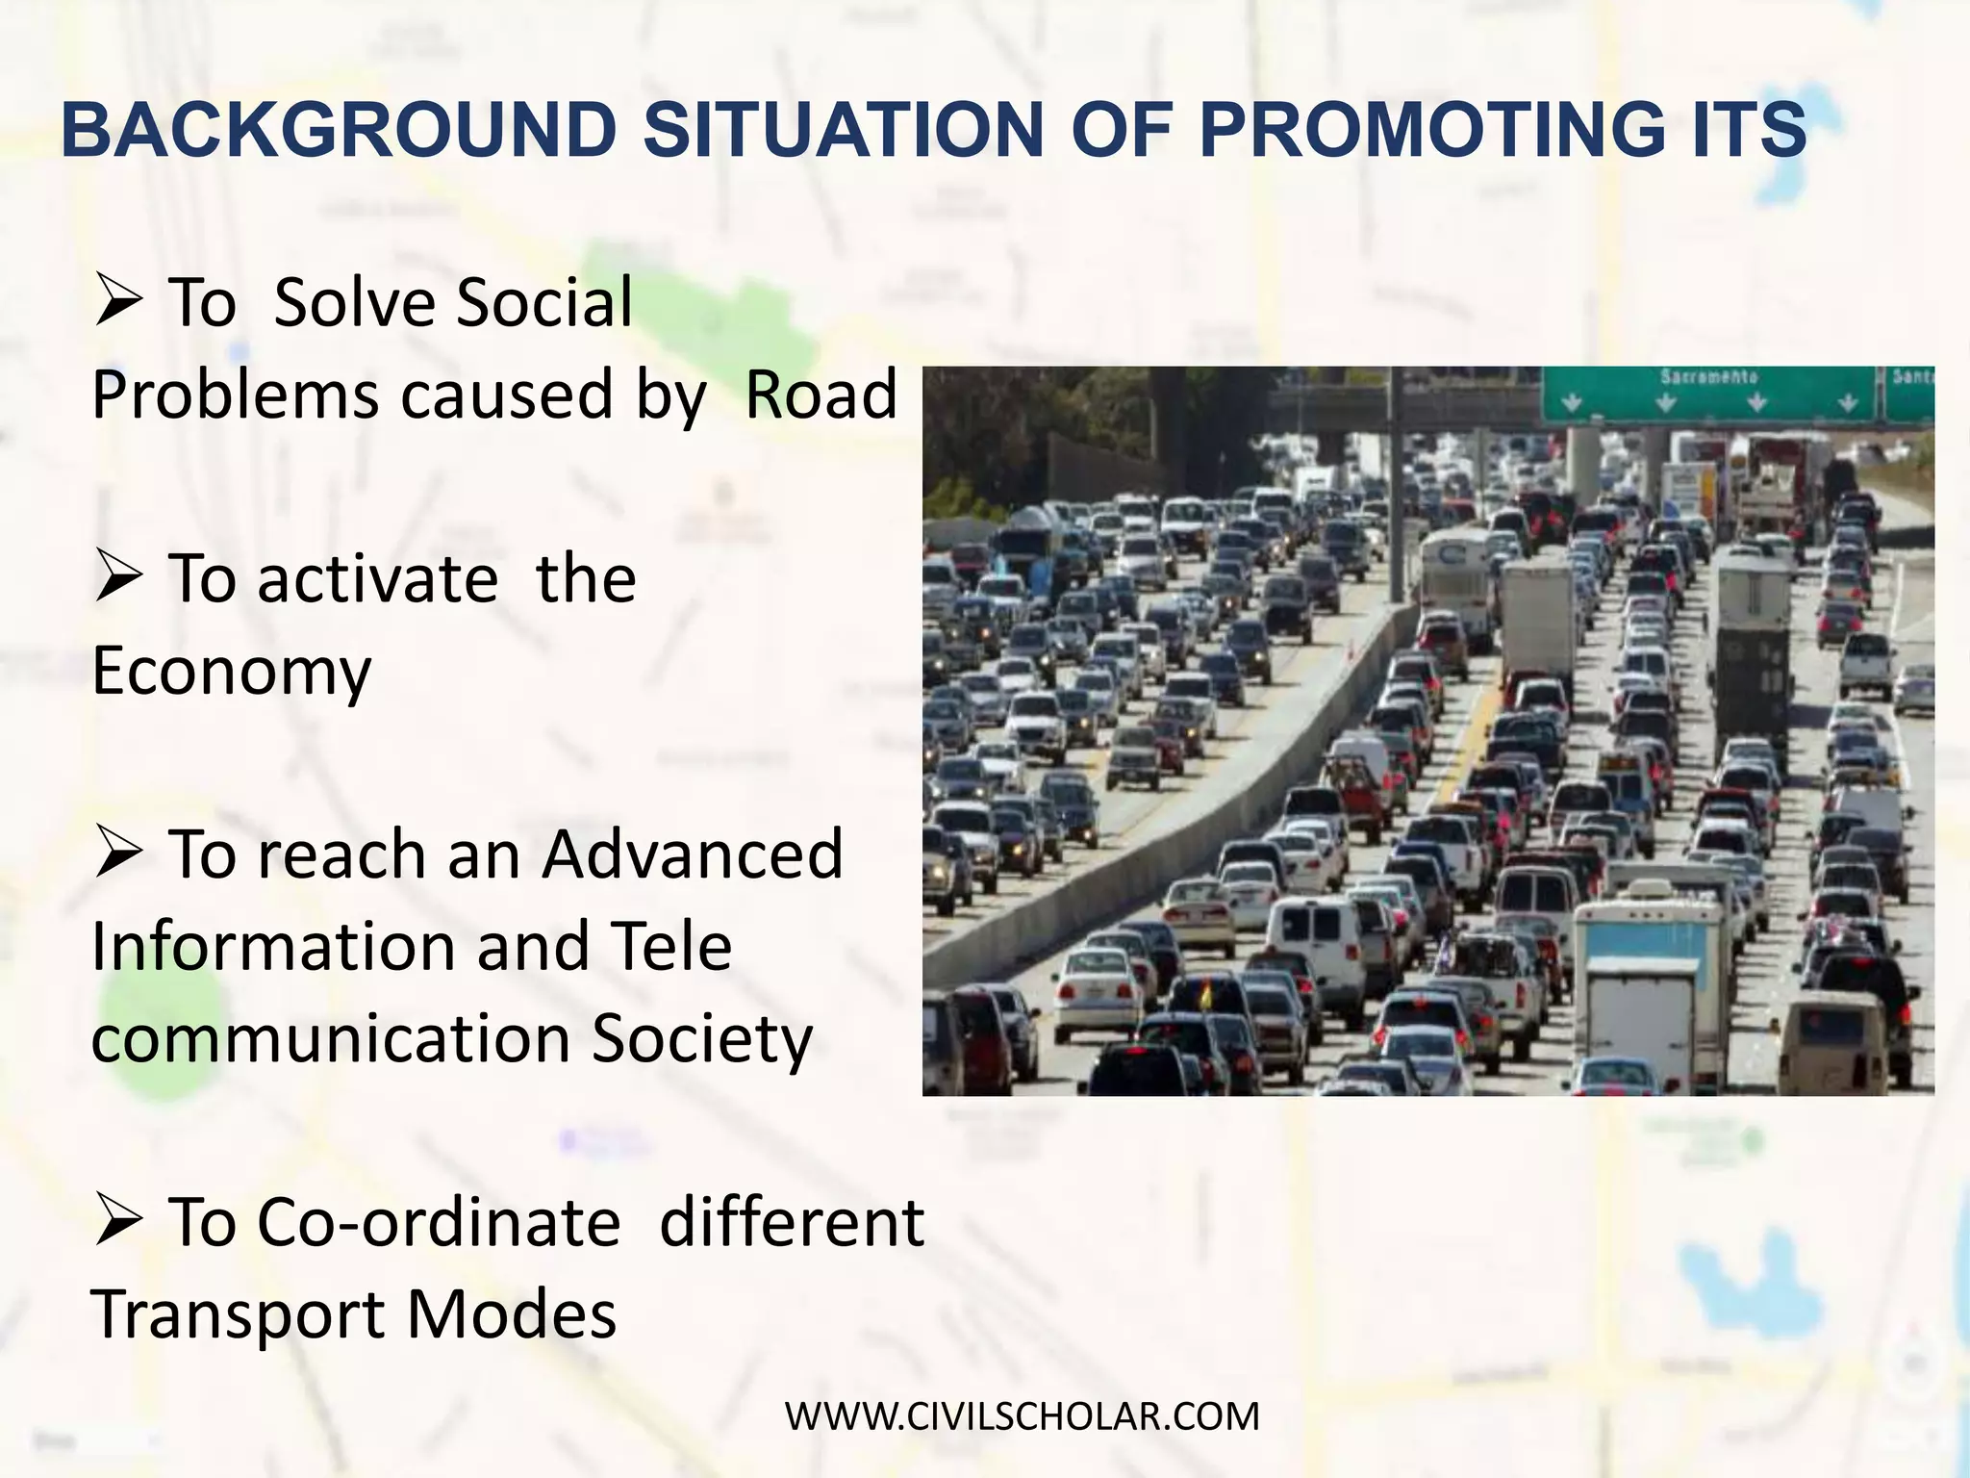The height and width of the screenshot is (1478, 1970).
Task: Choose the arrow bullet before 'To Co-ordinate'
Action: [119, 1225]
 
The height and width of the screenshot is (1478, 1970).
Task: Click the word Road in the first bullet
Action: [821, 395]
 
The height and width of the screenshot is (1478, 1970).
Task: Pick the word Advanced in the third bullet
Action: [692, 854]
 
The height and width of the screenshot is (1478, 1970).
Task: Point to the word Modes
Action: [511, 1315]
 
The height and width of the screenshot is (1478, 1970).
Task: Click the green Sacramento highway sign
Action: [1708, 394]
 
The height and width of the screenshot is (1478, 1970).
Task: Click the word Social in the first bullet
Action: [543, 303]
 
